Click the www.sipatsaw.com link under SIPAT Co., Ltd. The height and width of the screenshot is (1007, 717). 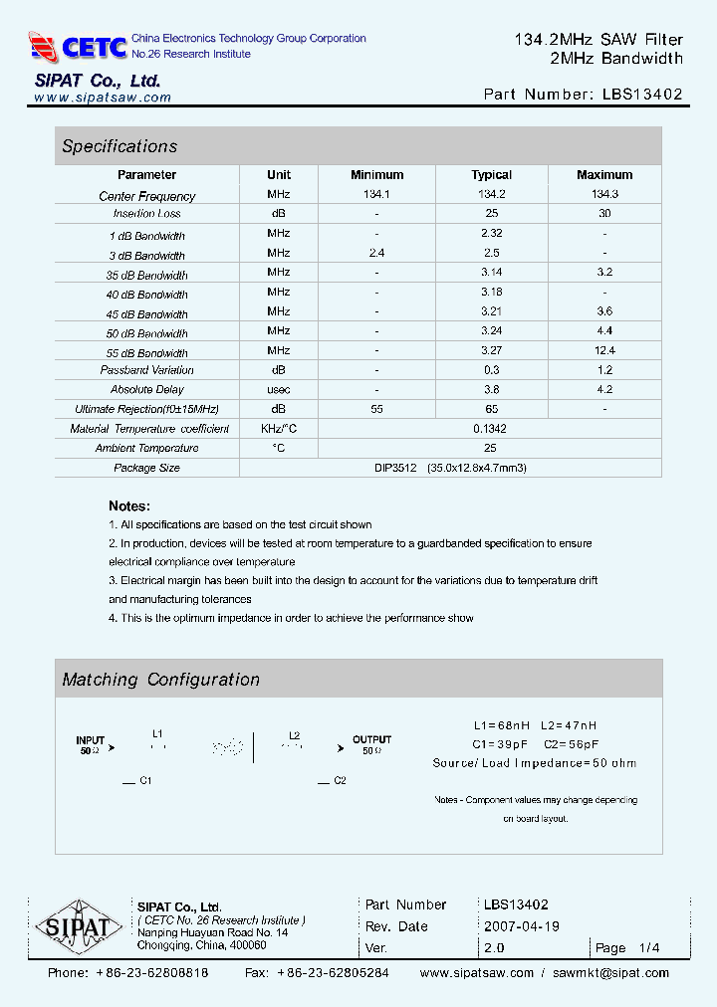(103, 98)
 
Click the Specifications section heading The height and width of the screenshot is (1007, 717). (119, 146)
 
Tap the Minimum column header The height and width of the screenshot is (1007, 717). (376, 175)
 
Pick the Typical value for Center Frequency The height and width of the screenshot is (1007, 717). (491, 195)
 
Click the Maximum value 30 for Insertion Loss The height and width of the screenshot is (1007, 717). (604, 214)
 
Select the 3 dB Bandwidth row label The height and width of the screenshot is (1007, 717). (147, 256)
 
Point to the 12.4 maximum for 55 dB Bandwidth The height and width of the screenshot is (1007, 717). (604, 350)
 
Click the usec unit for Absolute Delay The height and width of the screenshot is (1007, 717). (279, 389)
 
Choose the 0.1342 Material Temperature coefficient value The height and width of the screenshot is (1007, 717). (491, 428)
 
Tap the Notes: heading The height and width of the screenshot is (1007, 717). (129, 505)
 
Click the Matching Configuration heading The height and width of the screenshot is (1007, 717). (160, 680)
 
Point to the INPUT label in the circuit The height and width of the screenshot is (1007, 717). (91, 740)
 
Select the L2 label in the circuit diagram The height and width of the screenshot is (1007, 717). (295, 736)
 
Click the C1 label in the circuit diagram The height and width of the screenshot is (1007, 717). (145, 781)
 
